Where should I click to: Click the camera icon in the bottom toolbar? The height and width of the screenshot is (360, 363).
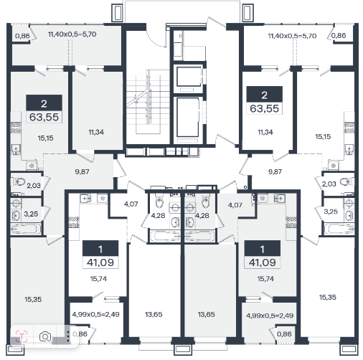pos(45,336)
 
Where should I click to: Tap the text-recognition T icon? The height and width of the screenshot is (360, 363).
pos(22,336)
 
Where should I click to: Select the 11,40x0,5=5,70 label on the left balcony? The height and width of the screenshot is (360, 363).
pos(72,34)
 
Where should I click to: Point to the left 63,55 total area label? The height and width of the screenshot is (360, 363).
pos(44,118)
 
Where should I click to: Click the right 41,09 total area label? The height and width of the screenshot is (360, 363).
pos(263,262)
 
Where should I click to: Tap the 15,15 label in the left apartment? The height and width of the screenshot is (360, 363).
pos(45,138)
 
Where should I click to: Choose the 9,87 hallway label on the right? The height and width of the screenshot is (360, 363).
pos(275,171)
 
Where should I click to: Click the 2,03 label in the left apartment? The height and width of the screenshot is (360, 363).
pos(34,185)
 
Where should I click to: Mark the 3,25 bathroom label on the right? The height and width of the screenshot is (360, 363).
pos(331,212)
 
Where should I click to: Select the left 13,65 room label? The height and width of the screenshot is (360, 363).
pos(154,314)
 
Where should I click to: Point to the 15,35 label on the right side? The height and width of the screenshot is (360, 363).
pos(328,297)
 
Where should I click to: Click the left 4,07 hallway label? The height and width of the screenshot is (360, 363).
pos(131,204)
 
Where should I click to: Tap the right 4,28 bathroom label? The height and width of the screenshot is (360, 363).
pos(202,215)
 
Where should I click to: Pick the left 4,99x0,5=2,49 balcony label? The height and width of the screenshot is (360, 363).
pos(95,314)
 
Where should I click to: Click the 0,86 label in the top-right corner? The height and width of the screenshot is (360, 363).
pos(339,35)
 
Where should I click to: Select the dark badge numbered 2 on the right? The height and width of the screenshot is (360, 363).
pos(264,95)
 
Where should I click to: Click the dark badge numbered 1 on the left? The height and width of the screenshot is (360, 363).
pos(100,249)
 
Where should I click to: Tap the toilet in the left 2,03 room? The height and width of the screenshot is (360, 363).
pos(19,182)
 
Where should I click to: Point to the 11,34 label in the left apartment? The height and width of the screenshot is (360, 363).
pos(96,132)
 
